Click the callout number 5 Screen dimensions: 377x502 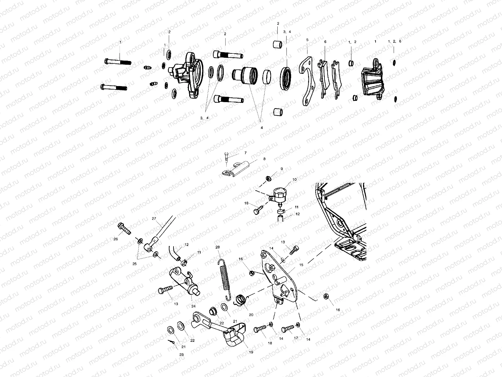(307, 40)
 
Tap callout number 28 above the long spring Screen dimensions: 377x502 (217, 247)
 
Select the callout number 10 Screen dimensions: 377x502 (294, 179)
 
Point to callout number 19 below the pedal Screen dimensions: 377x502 (251, 352)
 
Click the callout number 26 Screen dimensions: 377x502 (115, 239)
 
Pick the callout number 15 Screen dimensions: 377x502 (301, 265)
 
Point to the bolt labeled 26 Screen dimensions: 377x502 (124, 229)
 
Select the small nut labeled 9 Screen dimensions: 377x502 (269, 178)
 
